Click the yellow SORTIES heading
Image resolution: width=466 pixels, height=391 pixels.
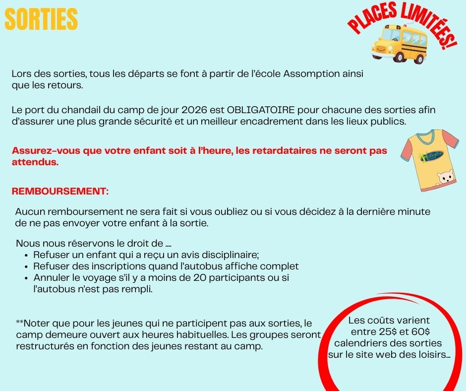pos(41,20)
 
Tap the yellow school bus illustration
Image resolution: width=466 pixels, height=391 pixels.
pos(399,43)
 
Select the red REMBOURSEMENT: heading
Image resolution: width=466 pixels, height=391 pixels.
pos(60,191)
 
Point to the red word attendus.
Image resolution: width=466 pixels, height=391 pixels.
pos(35,162)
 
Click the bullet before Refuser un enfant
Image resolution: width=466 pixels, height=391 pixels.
pos(26,256)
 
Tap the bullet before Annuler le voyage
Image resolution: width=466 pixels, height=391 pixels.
pos(26,278)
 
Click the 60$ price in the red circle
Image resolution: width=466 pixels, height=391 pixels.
pos(420,331)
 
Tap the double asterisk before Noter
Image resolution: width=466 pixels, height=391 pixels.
pos(20,323)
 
